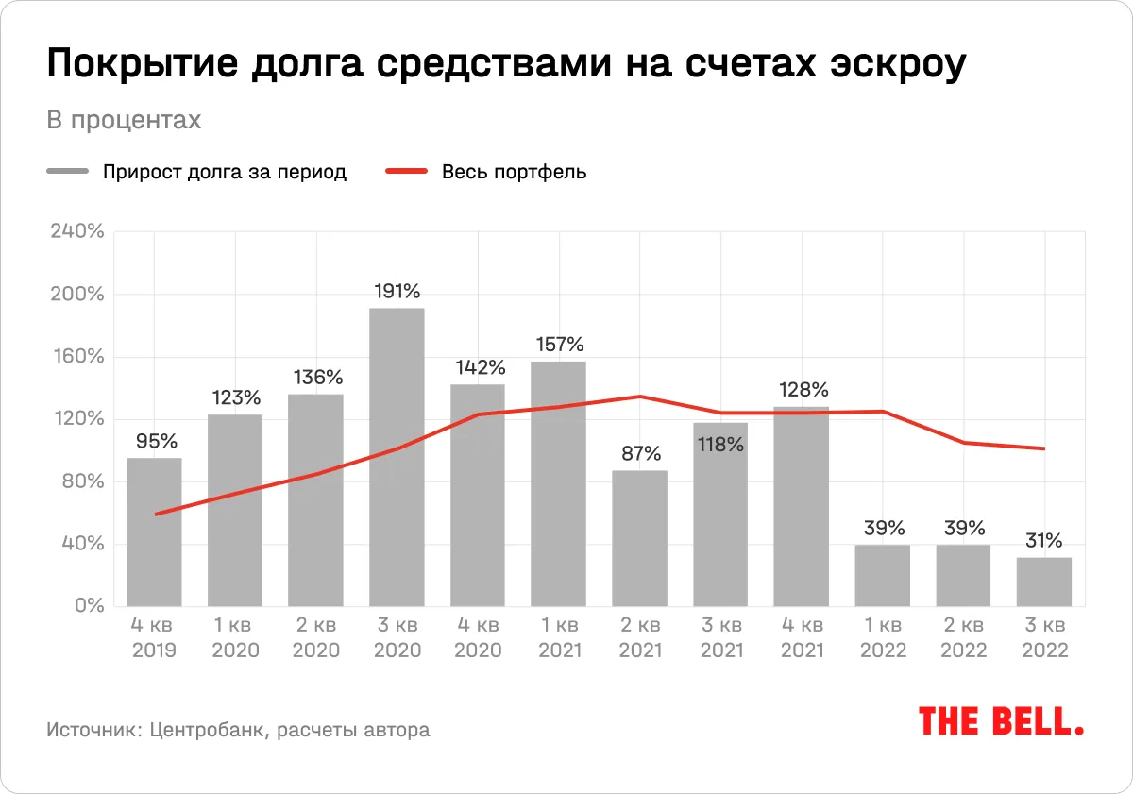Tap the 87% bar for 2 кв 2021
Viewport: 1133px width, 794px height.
(639, 538)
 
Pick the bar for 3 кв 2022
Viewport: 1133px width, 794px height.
(1044, 582)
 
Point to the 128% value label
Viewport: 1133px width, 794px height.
(802, 389)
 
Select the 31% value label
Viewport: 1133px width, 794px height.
(1044, 541)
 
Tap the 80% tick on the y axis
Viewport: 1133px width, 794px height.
(80, 481)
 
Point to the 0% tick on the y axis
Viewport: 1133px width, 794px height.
(88, 606)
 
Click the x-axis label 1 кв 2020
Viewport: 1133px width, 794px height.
(235, 638)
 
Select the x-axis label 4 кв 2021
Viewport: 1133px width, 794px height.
(802, 638)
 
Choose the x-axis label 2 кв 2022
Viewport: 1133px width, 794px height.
(963, 638)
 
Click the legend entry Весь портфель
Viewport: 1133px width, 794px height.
(514, 172)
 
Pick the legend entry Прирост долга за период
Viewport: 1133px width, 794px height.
(225, 172)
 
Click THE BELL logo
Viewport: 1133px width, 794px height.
(1001, 721)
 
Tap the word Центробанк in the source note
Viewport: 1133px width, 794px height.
(207, 730)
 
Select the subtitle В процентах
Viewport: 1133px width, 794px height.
(124, 121)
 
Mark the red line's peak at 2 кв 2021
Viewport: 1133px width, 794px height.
(639, 397)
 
